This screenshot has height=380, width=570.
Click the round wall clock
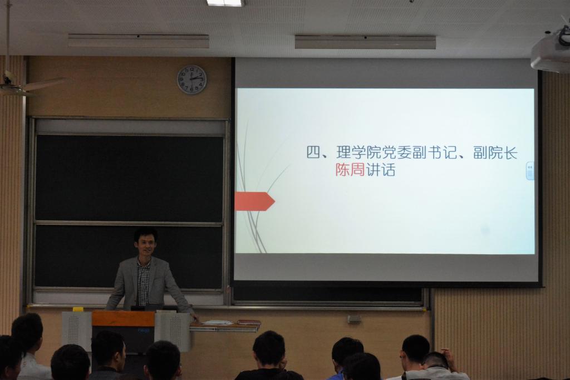pos(191,80)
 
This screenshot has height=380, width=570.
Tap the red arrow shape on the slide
pos(254,201)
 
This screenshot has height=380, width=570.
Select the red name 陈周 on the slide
pos(350,170)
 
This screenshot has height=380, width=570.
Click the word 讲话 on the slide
pos(380,170)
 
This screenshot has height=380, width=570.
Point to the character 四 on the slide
pos(313,152)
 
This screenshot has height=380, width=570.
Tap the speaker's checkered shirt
pos(143,283)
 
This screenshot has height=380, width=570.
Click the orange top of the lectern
pos(123,319)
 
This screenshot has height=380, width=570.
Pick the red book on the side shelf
pos(249,322)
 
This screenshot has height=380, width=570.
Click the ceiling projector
pos(551,51)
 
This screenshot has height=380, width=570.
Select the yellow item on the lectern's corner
pos(78,309)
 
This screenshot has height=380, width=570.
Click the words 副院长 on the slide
pos(495,152)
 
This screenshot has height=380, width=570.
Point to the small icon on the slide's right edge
pos(530,171)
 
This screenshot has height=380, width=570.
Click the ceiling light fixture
pos(226,3)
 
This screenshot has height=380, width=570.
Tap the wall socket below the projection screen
pos(353,319)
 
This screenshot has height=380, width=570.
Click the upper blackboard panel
pos(129,178)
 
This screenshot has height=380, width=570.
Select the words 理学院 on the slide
pos(358,152)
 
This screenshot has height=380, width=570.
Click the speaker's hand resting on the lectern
pos(195,317)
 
